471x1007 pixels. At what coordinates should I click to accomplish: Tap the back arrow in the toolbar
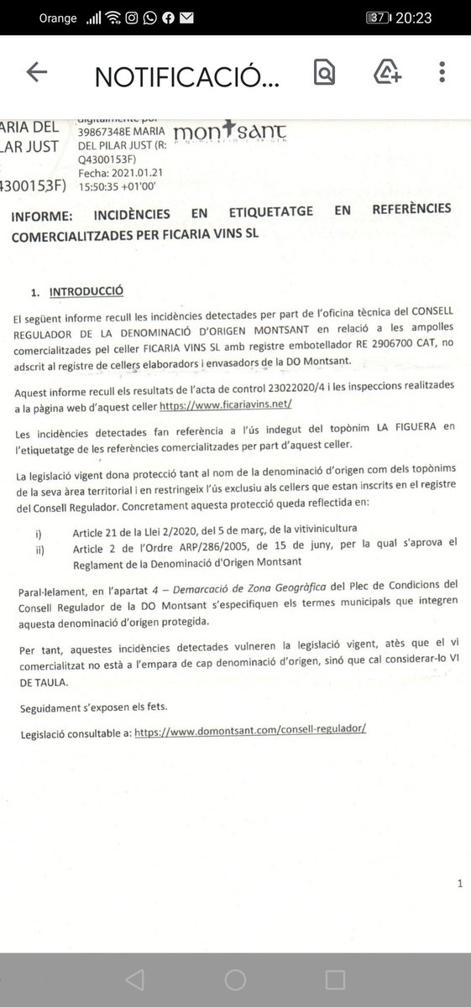(37, 74)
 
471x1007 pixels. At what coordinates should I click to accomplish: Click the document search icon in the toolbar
(323, 74)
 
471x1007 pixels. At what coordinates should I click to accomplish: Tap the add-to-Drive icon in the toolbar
(388, 74)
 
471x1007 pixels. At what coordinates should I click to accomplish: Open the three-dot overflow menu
(442, 74)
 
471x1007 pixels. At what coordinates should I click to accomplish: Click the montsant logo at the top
(229, 133)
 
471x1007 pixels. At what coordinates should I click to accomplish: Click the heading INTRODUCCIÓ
(86, 291)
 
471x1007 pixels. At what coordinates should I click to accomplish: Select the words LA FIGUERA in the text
(405, 427)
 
